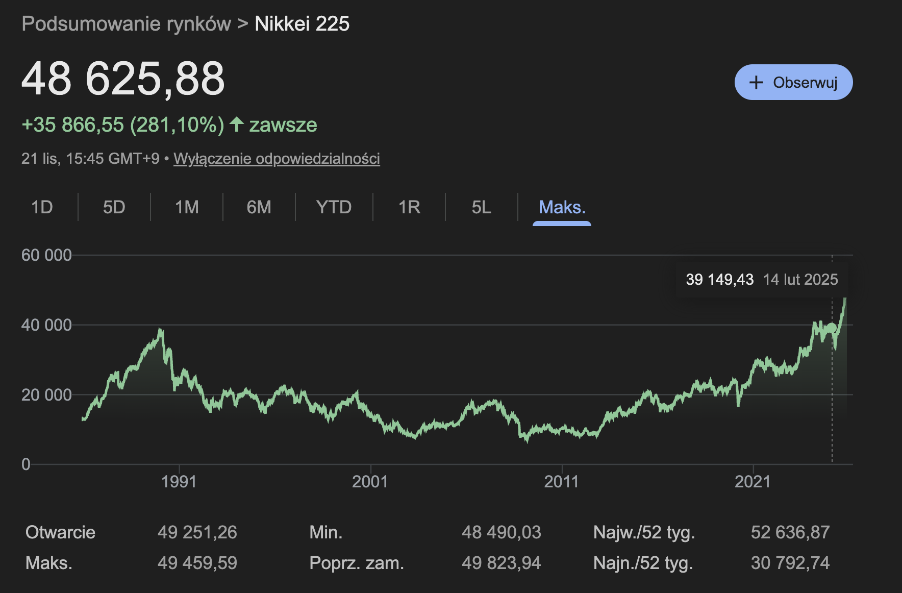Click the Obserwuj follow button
click(x=793, y=82)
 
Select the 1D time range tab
click(x=42, y=207)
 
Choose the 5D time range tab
click(x=114, y=207)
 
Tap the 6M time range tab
click(x=259, y=207)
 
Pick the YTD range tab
click(x=334, y=207)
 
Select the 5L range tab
click(x=481, y=207)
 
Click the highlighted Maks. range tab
click(x=562, y=207)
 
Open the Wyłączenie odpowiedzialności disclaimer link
click(x=277, y=159)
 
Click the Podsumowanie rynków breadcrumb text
click(x=126, y=24)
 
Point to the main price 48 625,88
click(x=123, y=79)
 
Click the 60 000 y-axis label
click(x=46, y=255)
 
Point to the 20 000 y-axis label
click(x=46, y=394)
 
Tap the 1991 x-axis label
click(x=179, y=481)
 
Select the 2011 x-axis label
click(x=561, y=481)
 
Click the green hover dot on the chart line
click(x=832, y=328)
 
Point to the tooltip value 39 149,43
click(x=719, y=279)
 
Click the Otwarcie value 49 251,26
click(x=197, y=532)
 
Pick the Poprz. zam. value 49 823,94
click(x=501, y=563)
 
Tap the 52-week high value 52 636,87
click(x=790, y=532)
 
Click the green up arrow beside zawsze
click(x=236, y=124)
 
